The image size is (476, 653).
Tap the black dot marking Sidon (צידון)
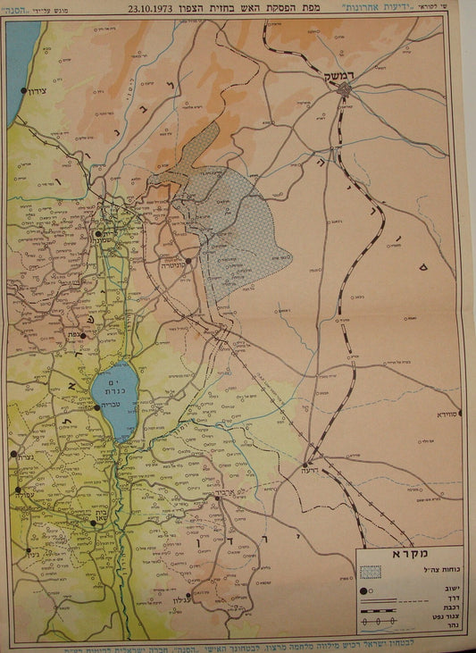click(x=23, y=90)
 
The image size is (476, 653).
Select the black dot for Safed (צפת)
click(x=83, y=336)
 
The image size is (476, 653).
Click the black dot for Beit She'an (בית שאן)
click(x=93, y=523)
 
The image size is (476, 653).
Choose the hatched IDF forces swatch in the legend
click(x=371, y=571)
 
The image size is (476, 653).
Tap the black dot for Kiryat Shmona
click(x=97, y=234)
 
